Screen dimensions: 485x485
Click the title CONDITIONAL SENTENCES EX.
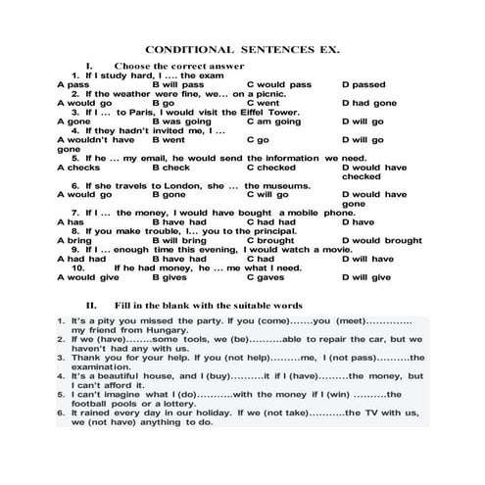coord(242,48)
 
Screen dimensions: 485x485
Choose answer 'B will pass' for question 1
coord(178,84)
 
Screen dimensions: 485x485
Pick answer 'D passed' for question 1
coord(364,84)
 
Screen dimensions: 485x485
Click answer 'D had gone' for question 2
coord(369,103)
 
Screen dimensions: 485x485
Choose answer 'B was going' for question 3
coord(181,121)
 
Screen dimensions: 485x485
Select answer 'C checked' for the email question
coord(270,168)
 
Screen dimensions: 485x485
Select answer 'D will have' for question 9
coord(366,259)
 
